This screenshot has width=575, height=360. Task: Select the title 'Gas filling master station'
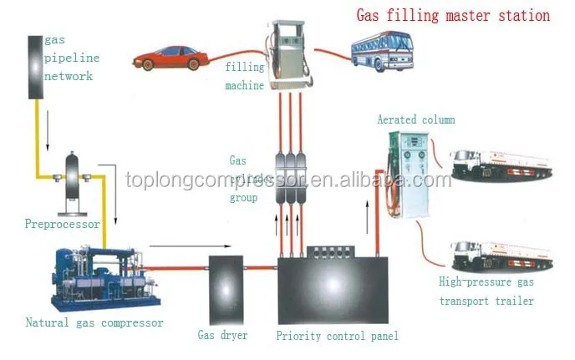tap(453, 15)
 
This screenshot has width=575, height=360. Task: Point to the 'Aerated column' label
tap(415, 119)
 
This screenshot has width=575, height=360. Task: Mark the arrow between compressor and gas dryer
tap(180, 246)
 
